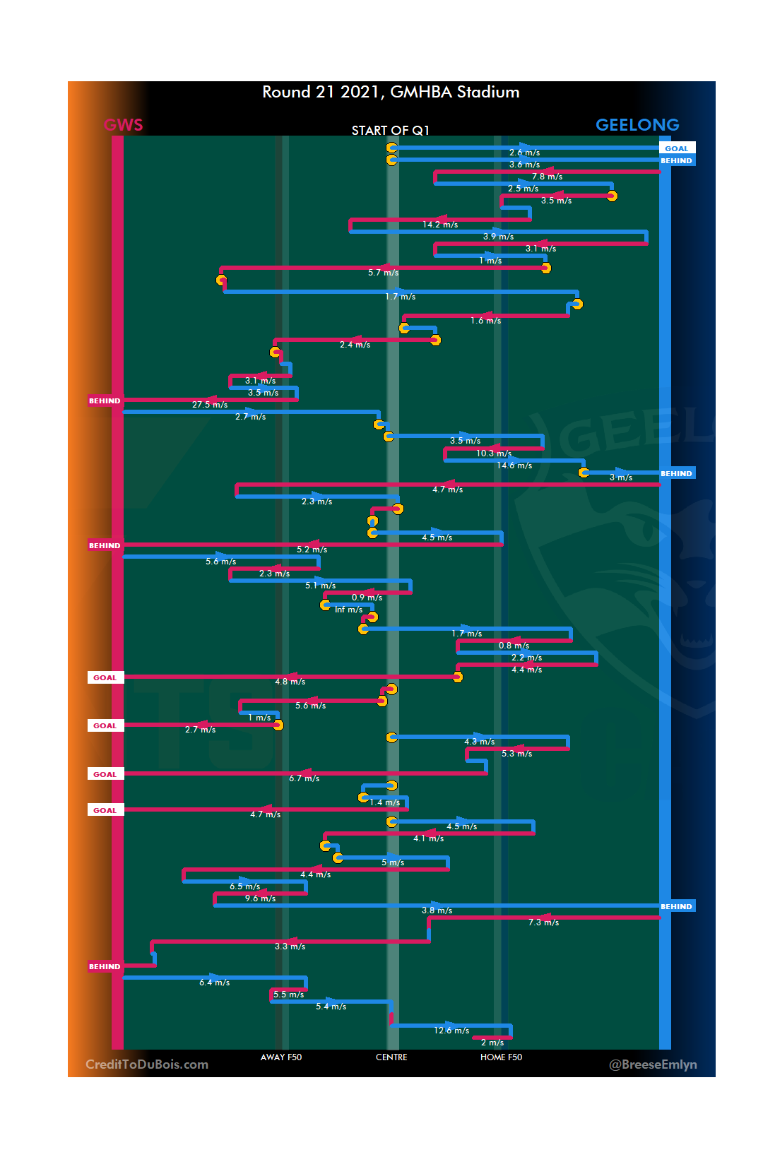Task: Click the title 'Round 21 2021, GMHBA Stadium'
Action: click(391, 92)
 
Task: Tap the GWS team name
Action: click(123, 125)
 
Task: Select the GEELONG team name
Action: click(637, 125)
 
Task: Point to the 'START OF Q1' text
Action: click(390, 130)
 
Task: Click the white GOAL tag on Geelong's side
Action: click(676, 148)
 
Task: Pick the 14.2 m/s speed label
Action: click(440, 225)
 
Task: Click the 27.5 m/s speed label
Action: click(210, 405)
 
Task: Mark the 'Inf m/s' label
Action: click(348, 610)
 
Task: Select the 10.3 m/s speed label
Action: click(493, 453)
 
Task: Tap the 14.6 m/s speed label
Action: click(514, 465)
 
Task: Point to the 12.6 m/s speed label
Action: click(451, 1031)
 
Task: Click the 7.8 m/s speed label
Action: click(547, 177)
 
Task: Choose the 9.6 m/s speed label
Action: click(260, 898)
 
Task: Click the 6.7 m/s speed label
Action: click(304, 778)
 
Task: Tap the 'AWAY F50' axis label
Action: click(280, 1057)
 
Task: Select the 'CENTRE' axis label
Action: click(391, 1057)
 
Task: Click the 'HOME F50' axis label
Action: click(501, 1057)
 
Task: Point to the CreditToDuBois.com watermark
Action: click(147, 1064)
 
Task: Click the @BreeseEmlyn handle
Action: click(653, 1064)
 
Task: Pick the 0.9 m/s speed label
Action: click(367, 598)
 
